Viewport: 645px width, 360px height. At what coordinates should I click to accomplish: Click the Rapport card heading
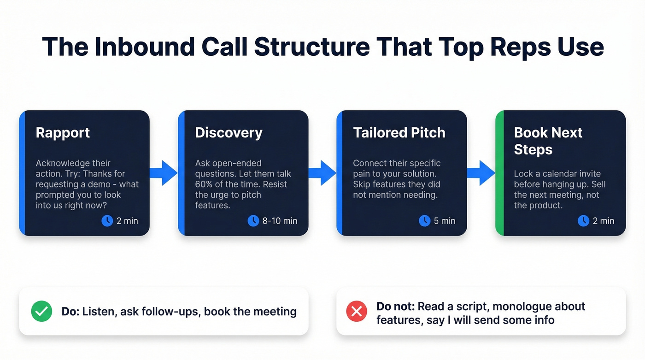point(63,133)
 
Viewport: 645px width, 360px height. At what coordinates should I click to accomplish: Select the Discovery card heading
point(229,133)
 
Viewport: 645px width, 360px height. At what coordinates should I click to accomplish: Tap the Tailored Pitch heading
point(399,133)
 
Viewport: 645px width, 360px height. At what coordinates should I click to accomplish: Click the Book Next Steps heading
point(548,141)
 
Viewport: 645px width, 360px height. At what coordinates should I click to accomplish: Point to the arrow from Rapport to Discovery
point(164,173)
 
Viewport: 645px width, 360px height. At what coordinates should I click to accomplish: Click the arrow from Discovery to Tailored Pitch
point(322,173)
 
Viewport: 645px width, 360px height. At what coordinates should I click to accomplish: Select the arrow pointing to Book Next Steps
point(481,173)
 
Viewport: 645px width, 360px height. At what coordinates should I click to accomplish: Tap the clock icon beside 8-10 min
point(253,221)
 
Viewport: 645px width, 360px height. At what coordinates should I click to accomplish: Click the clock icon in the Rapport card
point(107,221)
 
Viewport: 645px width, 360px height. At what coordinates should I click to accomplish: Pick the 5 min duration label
point(445,221)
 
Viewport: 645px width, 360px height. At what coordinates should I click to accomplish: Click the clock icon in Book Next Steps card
point(583,221)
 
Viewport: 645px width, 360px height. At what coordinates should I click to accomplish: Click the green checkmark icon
point(41,312)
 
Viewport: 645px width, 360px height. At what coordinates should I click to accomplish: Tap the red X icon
point(356,312)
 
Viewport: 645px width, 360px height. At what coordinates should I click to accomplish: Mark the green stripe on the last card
point(499,173)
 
